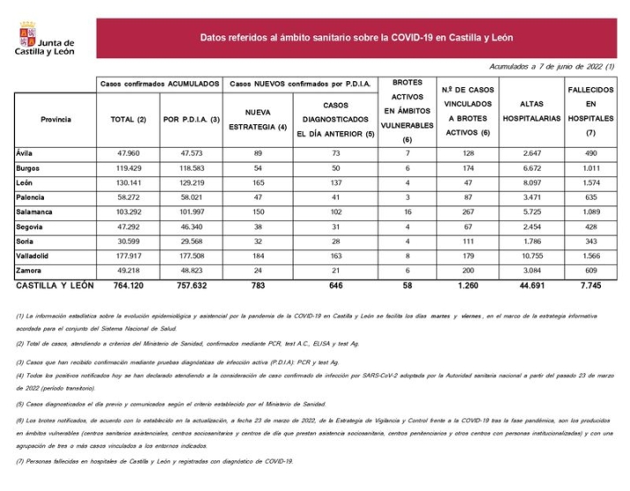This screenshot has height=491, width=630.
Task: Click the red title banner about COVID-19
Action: click(356, 39)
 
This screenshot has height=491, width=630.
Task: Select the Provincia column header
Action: click(56, 119)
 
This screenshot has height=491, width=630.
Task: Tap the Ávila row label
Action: click(25, 153)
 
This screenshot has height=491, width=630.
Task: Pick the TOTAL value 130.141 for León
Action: click(130, 182)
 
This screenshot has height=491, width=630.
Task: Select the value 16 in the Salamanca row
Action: click(406, 212)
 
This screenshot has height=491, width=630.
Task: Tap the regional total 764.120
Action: click(130, 286)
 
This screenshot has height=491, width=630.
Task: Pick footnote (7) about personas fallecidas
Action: click(155, 461)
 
